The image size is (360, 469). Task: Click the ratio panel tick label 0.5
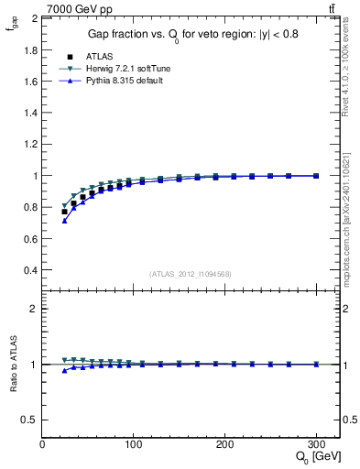point(28,420)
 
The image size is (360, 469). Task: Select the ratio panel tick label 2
point(34,309)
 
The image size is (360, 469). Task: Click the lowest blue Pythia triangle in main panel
point(64,221)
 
